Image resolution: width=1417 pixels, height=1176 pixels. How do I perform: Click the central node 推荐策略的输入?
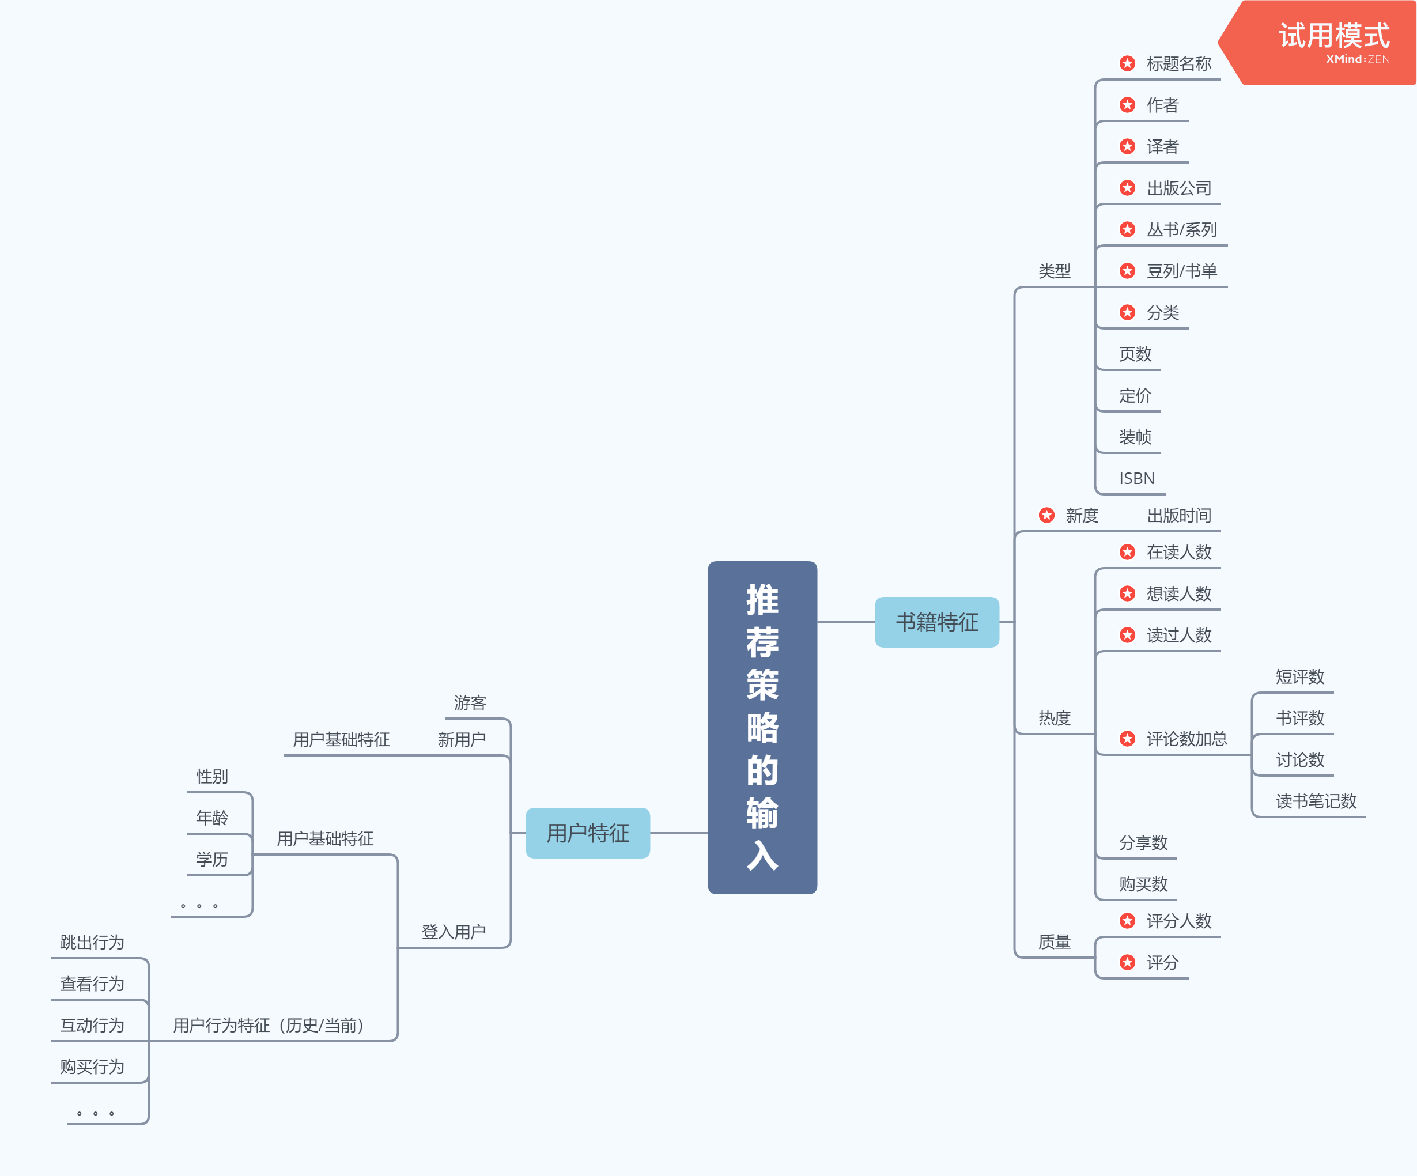762,727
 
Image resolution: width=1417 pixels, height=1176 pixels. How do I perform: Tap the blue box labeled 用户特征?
587,833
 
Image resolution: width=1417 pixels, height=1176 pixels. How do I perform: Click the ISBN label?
1136,478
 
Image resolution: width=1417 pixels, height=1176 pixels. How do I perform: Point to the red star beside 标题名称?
1127,63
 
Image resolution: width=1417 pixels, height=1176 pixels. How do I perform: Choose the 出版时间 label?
1179,516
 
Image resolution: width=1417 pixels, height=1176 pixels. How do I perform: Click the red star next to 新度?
1046,516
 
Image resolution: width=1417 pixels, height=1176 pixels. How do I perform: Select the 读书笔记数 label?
1316,801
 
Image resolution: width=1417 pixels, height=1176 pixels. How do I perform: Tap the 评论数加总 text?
1186,739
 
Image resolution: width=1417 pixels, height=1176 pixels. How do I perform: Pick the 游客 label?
470,702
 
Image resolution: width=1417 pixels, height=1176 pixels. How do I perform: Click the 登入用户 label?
454,932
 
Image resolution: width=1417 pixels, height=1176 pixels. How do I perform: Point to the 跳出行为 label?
92,942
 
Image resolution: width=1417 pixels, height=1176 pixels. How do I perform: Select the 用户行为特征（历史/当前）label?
269,1025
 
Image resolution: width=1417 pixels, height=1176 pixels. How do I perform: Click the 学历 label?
212,859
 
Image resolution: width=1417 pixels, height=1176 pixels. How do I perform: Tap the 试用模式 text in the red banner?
1333,35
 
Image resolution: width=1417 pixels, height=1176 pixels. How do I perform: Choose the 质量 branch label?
1054,941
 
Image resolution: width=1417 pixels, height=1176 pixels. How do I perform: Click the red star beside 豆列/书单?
1127,271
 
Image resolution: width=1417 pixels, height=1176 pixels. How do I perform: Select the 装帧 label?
1135,437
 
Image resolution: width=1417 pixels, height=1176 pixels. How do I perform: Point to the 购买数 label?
1143,884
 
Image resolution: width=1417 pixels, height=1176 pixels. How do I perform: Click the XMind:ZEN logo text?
1357,59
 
